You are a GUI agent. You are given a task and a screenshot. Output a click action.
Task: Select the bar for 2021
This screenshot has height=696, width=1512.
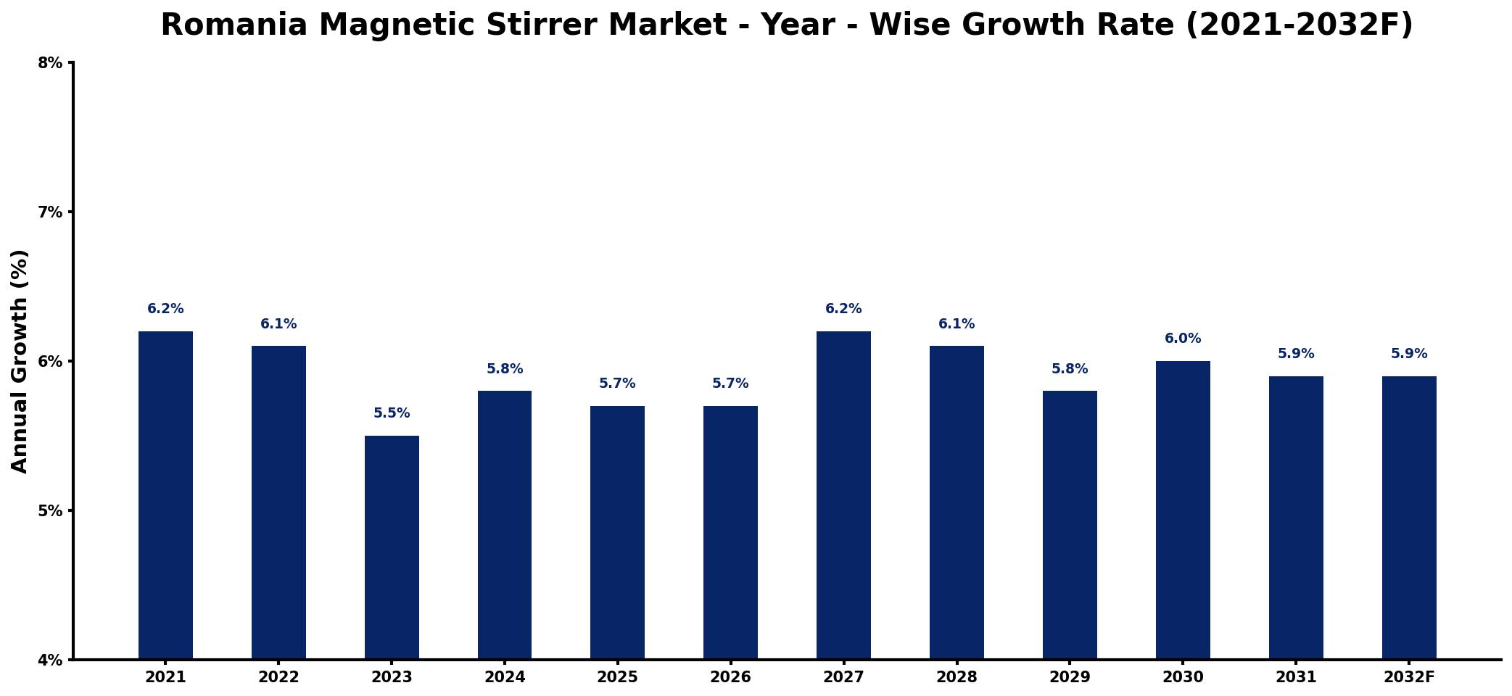(165, 495)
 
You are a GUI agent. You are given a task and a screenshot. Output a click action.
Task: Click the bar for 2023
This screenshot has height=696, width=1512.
(392, 547)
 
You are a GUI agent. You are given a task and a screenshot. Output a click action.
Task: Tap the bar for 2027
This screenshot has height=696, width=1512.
(843, 495)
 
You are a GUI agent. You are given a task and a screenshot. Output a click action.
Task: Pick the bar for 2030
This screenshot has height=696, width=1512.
(1183, 510)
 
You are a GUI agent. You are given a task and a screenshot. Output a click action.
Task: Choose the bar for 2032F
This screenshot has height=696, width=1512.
(1409, 518)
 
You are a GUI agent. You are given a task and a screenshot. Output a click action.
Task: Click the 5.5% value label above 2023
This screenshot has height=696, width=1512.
(392, 413)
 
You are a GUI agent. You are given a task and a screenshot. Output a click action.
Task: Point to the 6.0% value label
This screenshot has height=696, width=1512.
(1183, 339)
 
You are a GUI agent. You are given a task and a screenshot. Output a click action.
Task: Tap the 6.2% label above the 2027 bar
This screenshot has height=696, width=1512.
(843, 309)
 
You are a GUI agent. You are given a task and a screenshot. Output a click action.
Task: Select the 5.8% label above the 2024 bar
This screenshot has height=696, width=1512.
(505, 369)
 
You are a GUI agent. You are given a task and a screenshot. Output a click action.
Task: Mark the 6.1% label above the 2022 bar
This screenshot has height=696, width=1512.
(278, 324)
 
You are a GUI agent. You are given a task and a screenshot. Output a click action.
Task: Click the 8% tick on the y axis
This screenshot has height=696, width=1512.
(50, 63)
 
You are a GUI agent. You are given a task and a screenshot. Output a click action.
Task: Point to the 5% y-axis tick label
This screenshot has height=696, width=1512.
(50, 510)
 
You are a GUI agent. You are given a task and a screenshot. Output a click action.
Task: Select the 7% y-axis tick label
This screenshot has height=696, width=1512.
(50, 212)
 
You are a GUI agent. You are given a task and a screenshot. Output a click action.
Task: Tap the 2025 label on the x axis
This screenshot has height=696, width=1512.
(617, 677)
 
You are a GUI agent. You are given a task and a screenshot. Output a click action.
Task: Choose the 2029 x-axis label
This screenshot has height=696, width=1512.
(1070, 677)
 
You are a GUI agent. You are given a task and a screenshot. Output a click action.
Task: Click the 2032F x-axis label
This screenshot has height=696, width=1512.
(1409, 677)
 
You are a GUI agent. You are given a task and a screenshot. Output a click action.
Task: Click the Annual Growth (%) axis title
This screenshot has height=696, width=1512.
(20, 361)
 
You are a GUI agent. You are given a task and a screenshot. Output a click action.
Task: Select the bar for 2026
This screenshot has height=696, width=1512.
(730, 533)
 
